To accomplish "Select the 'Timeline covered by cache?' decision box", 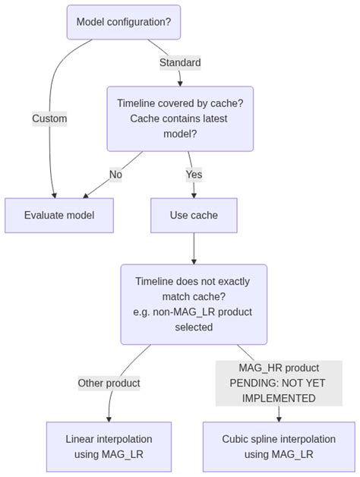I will [180, 118].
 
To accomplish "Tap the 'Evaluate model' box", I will [59, 215].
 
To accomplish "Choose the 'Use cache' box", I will [194, 215].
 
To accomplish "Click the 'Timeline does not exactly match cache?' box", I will [194, 304].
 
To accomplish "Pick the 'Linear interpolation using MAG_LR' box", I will [109, 447].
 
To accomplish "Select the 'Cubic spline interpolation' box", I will [279, 447].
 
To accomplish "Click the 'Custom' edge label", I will [49, 118].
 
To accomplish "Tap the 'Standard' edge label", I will [180, 62].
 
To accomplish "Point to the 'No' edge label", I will [115, 175].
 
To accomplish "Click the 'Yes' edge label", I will [194, 175].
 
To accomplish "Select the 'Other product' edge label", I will [109, 383].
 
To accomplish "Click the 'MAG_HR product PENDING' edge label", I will [279, 383].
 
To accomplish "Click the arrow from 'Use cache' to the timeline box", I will [194, 248].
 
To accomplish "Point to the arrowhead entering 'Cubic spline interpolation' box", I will [279, 418].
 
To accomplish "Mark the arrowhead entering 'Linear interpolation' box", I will [109, 418].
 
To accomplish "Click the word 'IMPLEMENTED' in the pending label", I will [279, 398].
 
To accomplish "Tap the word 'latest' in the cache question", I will [212, 118].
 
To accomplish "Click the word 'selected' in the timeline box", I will [194, 327].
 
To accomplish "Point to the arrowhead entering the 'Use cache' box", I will [194, 194].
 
